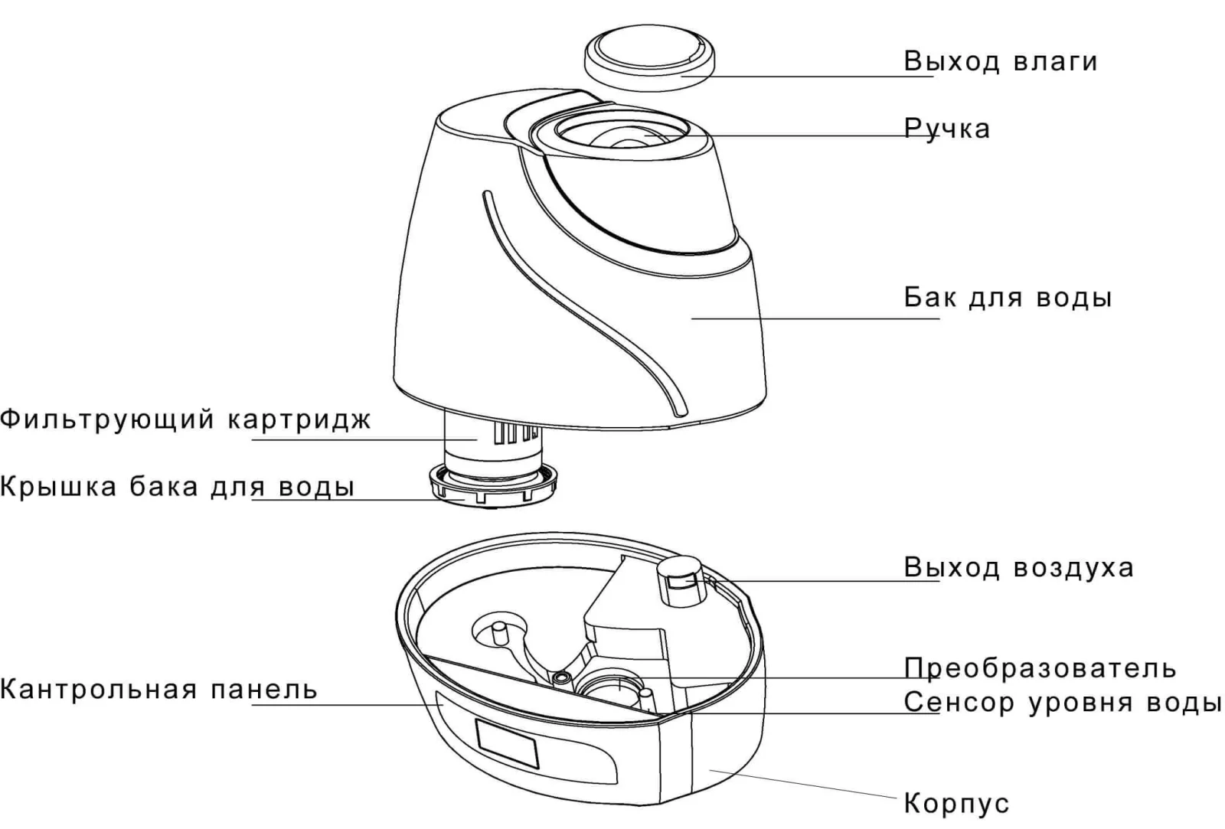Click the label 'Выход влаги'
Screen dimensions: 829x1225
click(x=1000, y=61)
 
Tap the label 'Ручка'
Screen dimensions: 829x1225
click(x=947, y=129)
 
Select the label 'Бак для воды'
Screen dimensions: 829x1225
click(x=1008, y=297)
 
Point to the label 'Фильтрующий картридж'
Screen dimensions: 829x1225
click(x=185, y=420)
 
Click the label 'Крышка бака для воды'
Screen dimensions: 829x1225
click(x=177, y=487)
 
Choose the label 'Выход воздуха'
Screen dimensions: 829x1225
click(x=1018, y=568)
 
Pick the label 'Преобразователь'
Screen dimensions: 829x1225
click(x=1040, y=668)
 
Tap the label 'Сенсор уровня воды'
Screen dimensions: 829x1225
click(x=1063, y=702)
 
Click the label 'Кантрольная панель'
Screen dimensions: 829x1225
click(x=158, y=690)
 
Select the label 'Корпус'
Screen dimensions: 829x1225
click(x=956, y=804)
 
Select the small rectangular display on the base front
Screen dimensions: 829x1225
click(x=508, y=745)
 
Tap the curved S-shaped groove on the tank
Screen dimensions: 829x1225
click(x=582, y=306)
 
